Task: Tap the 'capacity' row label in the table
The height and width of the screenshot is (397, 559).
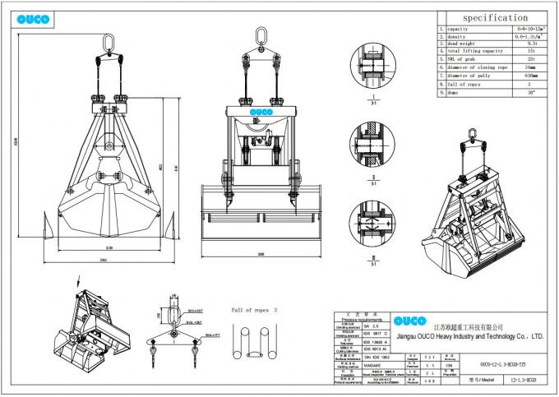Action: (460, 30)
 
